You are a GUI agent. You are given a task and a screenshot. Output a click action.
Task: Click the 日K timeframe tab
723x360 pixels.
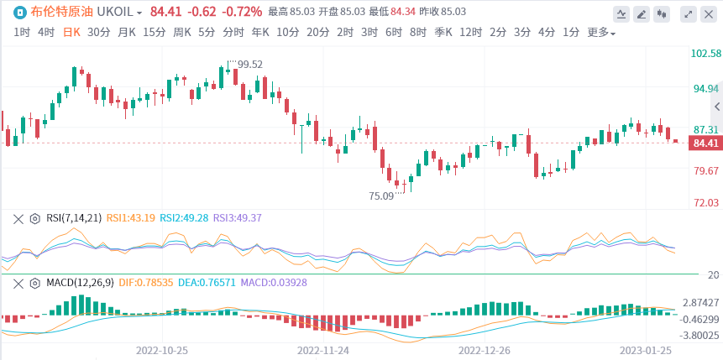(71, 33)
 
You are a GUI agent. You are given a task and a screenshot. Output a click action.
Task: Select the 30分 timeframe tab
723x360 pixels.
(98, 33)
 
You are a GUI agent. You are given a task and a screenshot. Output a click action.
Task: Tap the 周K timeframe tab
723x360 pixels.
(182, 33)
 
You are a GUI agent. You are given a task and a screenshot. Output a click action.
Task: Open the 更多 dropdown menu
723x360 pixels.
(600, 33)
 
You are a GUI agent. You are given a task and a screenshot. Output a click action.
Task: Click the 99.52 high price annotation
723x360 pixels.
(249, 64)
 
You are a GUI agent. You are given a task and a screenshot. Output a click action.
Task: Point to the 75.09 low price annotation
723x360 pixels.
(381, 196)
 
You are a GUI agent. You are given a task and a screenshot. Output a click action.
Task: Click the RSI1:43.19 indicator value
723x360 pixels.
(130, 218)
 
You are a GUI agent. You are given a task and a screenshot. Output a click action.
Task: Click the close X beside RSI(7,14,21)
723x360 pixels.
(18, 218)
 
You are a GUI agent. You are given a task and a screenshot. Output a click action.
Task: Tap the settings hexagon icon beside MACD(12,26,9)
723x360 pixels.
(35, 283)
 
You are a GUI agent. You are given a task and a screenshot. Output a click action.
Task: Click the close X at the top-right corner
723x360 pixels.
(709, 13)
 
